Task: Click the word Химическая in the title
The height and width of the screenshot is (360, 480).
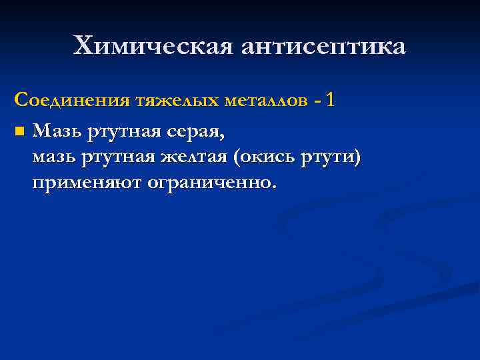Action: pos(154,46)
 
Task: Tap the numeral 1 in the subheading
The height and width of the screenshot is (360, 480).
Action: pos(332,100)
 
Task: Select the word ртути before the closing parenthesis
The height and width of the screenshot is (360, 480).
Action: pos(331,157)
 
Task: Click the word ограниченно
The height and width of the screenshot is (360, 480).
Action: pos(207,183)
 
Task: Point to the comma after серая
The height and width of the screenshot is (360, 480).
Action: pos(223,136)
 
